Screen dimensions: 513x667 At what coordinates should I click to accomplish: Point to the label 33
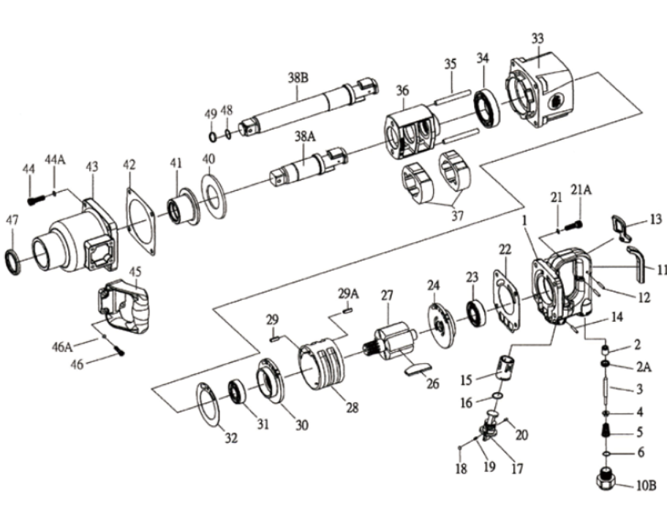click(x=538, y=39)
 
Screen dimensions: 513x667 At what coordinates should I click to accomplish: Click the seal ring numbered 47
click(x=13, y=261)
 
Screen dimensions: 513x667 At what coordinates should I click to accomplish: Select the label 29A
click(x=347, y=293)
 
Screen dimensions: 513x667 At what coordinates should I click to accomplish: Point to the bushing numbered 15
click(x=505, y=367)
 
